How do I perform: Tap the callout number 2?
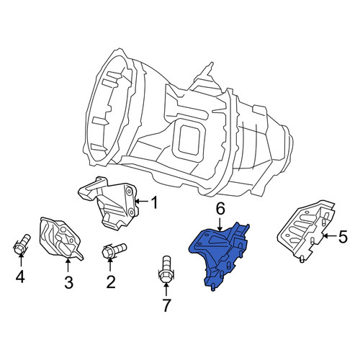[111, 282]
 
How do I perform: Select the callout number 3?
[68, 282]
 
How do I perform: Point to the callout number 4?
[20, 276]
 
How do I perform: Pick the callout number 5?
[342, 236]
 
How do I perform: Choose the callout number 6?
[220, 209]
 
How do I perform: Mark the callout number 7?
[166, 305]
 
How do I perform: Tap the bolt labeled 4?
[22, 244]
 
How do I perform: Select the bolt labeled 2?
[114, 251]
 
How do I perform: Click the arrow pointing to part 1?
[142, 201]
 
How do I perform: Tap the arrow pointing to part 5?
[329, 236]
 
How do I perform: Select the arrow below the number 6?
[220, 224]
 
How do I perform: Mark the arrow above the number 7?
[166, 290]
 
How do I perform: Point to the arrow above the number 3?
[68, 265]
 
